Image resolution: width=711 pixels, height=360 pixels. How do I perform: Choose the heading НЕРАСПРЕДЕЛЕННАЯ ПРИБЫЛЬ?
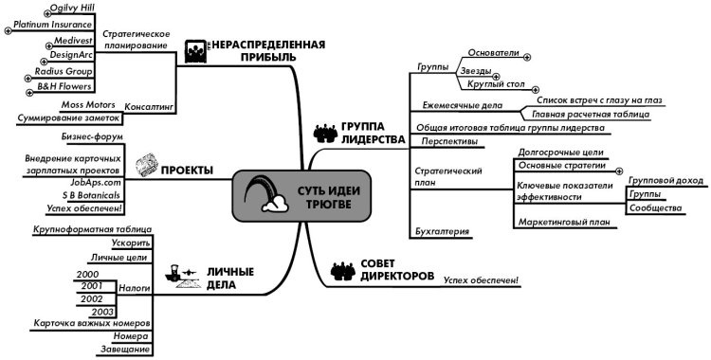click(267, 50)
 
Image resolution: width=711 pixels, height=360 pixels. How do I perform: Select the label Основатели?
click(493, 54)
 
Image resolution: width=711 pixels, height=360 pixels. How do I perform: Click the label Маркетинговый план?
click(562, 223)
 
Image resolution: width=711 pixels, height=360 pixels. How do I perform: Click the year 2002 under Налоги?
click(92, 297)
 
